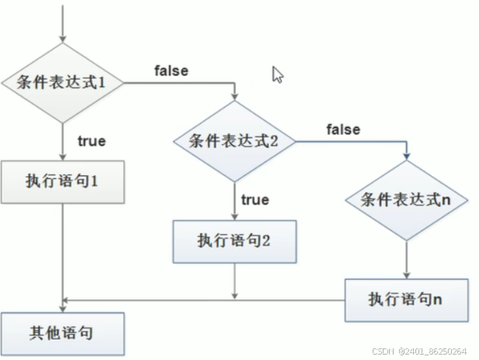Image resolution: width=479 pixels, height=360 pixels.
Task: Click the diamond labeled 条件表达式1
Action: tap(61, 81)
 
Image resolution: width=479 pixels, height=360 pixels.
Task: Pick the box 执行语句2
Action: tap(234, 241)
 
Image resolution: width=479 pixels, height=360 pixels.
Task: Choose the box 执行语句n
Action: tap(406, 299)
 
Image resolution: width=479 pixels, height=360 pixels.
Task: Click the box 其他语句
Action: tap(61, 333)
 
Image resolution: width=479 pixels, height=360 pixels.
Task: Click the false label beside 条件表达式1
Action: tap(172, 71)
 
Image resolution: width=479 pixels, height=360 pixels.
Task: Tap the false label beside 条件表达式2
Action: tap(343, 129)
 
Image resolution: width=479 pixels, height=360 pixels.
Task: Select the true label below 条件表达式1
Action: tap(92, 141)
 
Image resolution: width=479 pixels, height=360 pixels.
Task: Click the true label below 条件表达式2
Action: tap(255, 200)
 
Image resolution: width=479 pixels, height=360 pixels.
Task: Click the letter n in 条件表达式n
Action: tap(445, 199)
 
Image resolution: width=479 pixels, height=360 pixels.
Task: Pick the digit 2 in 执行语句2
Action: tap(266, 241)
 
